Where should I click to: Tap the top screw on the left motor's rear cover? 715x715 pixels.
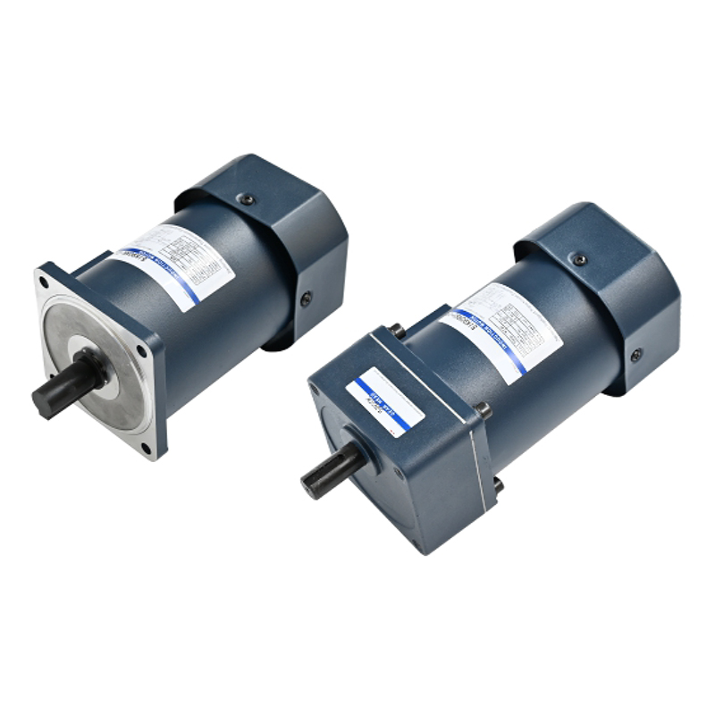[x=248, y=200]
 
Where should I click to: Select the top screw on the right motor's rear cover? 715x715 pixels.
[x=579, y=259]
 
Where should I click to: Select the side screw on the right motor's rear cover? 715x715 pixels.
[x=635, y=355]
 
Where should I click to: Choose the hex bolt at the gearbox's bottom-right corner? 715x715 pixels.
[x=498, y=485]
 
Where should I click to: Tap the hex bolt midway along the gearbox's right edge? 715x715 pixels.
[x=484, y=411]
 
